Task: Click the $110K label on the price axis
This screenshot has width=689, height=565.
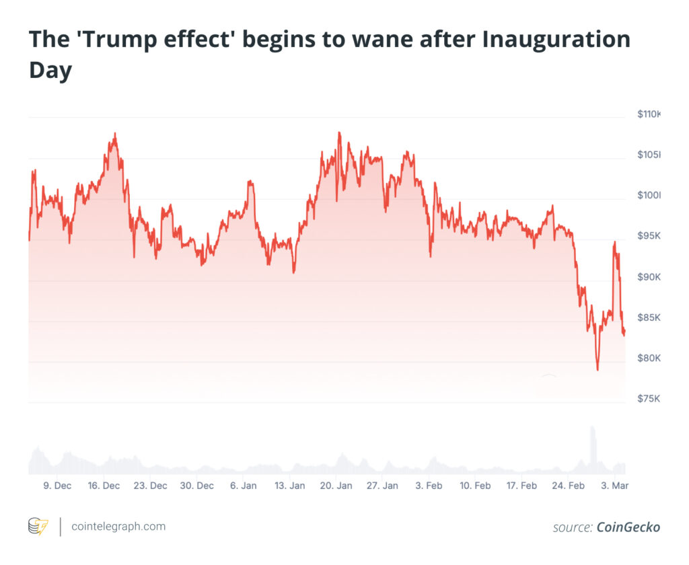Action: click(649, 115)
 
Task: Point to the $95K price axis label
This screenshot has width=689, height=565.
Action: click(649, 237)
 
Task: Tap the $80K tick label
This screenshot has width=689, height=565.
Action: click(649, 358)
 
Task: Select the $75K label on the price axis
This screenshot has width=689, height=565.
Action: click(649, 399)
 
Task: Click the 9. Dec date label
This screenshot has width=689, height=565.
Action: click(57, 486)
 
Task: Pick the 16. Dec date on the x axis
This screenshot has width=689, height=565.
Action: click(104, 486)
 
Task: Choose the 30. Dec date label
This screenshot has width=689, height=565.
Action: click(197, 486)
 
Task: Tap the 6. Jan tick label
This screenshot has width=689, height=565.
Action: click(243, 486)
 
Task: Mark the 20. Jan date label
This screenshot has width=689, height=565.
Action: click(336, 486)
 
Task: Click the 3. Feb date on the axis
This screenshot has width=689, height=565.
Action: click(429, 486)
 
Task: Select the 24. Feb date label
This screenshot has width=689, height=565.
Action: click(568, 486)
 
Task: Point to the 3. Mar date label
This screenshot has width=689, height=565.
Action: click(614, 486)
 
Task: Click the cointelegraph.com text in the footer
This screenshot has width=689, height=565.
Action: click(118, 527)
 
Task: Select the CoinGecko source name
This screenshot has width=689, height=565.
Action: click(628, 527)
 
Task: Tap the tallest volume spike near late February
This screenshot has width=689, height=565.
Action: click(593, 428)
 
